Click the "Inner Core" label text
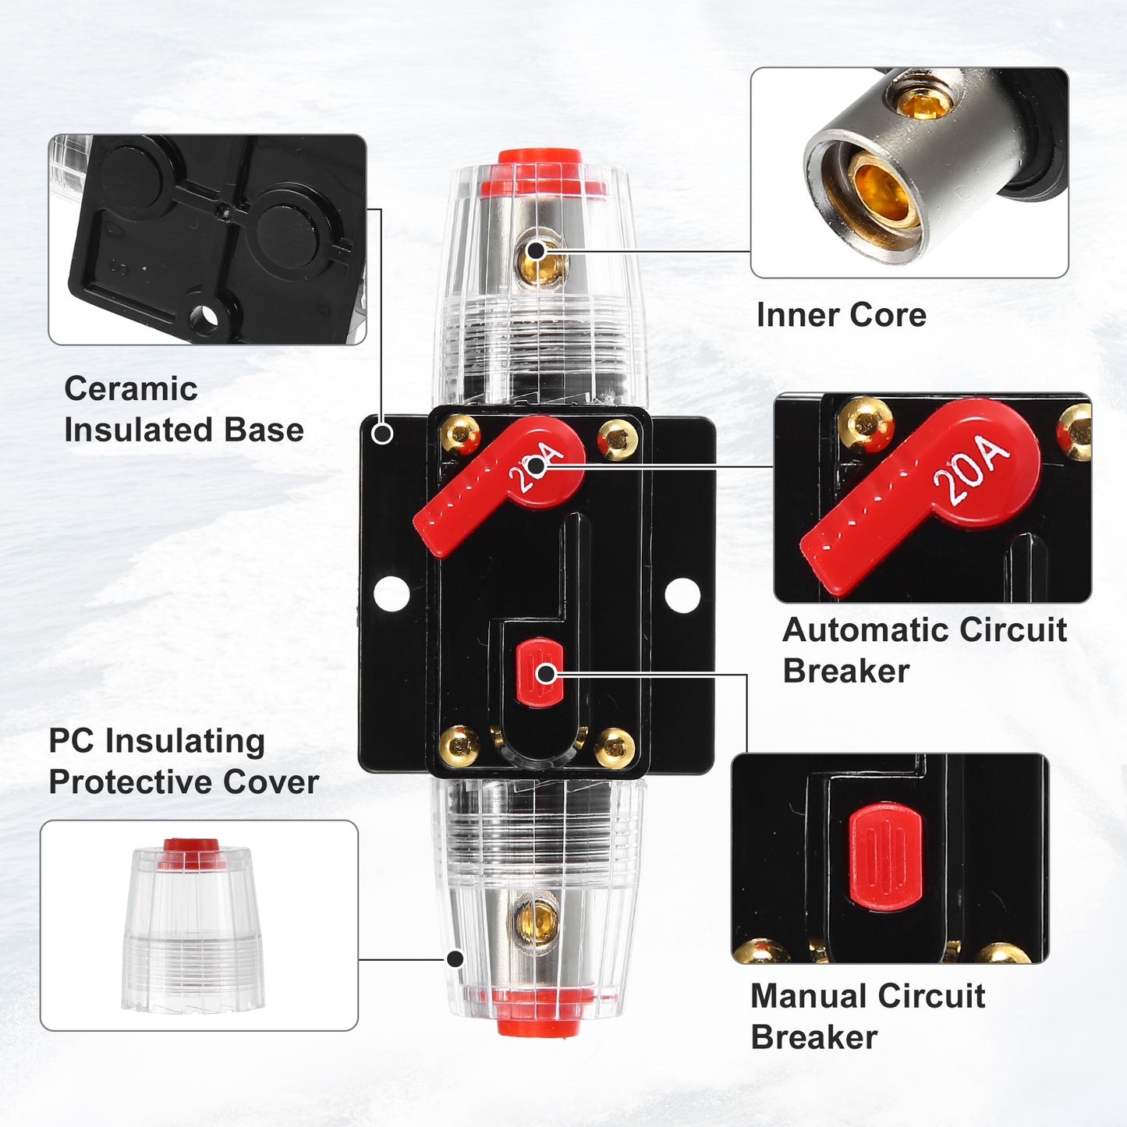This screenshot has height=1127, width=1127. [x=841, y=316]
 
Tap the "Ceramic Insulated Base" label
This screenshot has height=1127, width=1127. [x=183, y=409]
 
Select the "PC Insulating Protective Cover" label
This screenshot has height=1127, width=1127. [x=183, y=761]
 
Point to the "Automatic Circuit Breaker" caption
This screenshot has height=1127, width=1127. [x=925, y=650]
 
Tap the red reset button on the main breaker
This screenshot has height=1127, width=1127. [x=539, y=672]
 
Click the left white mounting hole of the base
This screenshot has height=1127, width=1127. [x=392, y=594]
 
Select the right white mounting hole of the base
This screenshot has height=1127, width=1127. [x=682, y=595]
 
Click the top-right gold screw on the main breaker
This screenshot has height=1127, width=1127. [x=617, y=440]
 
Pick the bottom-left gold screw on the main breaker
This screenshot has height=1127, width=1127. [x=459, y=746]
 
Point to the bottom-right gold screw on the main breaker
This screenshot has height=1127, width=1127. [x=615, y=748]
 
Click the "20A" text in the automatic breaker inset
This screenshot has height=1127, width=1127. [x=972, y=470]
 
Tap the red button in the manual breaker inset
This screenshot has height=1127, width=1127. [x=885, y=856]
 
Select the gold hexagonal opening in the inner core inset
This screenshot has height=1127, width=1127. [x=881, y=191]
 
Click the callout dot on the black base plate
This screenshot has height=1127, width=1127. [x=382, y=434]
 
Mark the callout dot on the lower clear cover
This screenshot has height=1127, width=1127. [x=455, y=959]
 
